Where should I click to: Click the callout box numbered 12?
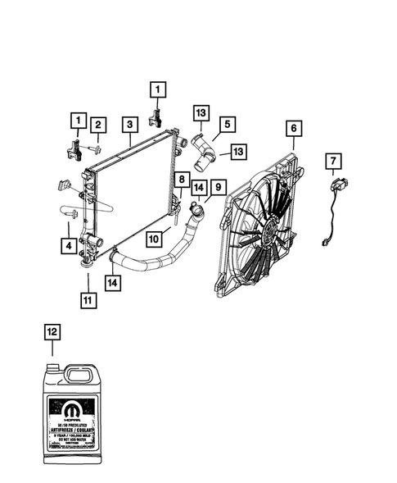coord(52,332)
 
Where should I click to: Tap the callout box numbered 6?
coord(293,129)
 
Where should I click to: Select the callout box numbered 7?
coord(334,160)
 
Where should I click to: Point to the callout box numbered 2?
coord(97,125)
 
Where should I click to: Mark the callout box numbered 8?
coord(179,179)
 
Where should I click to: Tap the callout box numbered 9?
coord(218,188)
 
